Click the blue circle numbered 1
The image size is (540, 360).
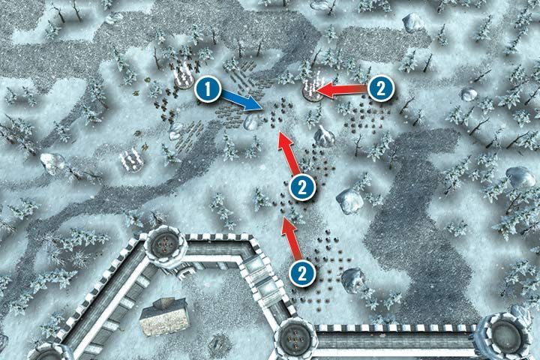pos(208,91)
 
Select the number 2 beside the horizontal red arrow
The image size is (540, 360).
pos(380,88)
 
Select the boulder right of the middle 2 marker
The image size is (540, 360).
pos(349,199)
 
